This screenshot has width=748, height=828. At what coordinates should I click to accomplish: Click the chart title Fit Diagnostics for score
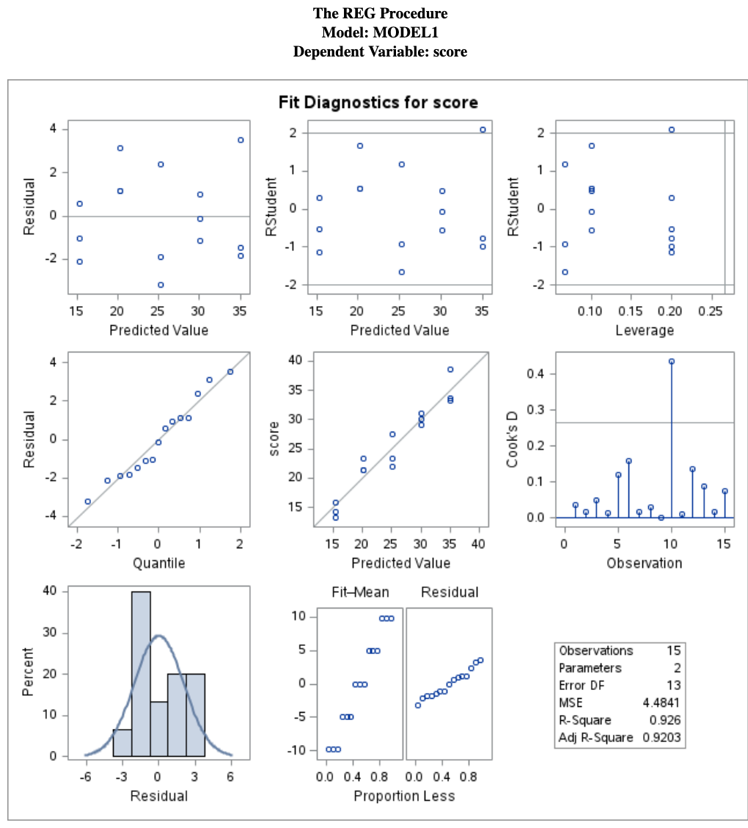pos(378,102)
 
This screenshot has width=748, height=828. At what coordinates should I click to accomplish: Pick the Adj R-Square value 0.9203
pos(662,737)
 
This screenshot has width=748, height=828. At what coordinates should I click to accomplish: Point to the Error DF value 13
pos(674,686)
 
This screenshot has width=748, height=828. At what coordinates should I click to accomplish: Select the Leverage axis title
pos(644,330)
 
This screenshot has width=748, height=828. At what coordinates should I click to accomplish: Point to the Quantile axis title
pos(158,563)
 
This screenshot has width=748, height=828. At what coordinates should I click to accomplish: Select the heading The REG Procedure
pos(380,13)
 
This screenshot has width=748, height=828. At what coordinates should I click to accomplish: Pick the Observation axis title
pos(644,563)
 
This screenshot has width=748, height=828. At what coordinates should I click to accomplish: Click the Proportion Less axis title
pos(403,796)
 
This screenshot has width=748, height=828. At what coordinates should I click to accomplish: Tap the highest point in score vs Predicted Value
pos(450,369)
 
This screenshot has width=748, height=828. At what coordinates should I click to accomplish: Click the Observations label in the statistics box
pos(595,651)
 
